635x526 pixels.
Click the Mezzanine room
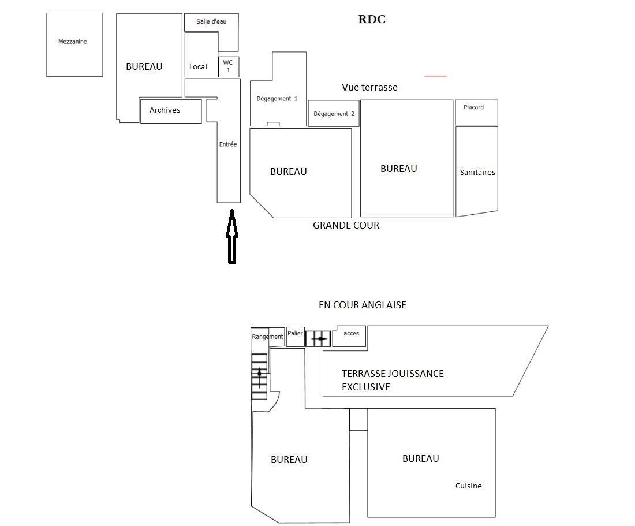(x=74, y=44)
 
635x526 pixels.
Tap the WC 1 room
(x=229, y=67)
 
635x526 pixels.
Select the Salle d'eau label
(x=211, y=21)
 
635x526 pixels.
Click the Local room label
(x=198, y=67)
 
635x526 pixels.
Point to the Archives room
(x=171, y=111)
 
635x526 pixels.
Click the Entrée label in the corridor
(x=228, y=144)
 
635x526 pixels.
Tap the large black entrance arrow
(x=232, y=237)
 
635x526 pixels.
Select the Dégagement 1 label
(x=277, y=99)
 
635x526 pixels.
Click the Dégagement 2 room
(x=334, y=114)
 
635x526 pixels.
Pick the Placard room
(x=477, y=113)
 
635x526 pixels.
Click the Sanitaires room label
(x=477, y=173)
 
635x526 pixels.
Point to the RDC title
(x=372, y=20)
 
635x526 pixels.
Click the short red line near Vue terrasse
(x=436, y=76)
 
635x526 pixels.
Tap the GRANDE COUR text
(x=346, y=226)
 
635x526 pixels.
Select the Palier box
(x=296, y=337)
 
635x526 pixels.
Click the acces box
(x=349, y=336)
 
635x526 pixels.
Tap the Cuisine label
(x=469, y=486)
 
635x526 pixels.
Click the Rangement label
(x=267, y=337)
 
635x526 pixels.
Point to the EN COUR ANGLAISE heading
(x=363, y=305)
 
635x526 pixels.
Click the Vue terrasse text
(x=369, y=87)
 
